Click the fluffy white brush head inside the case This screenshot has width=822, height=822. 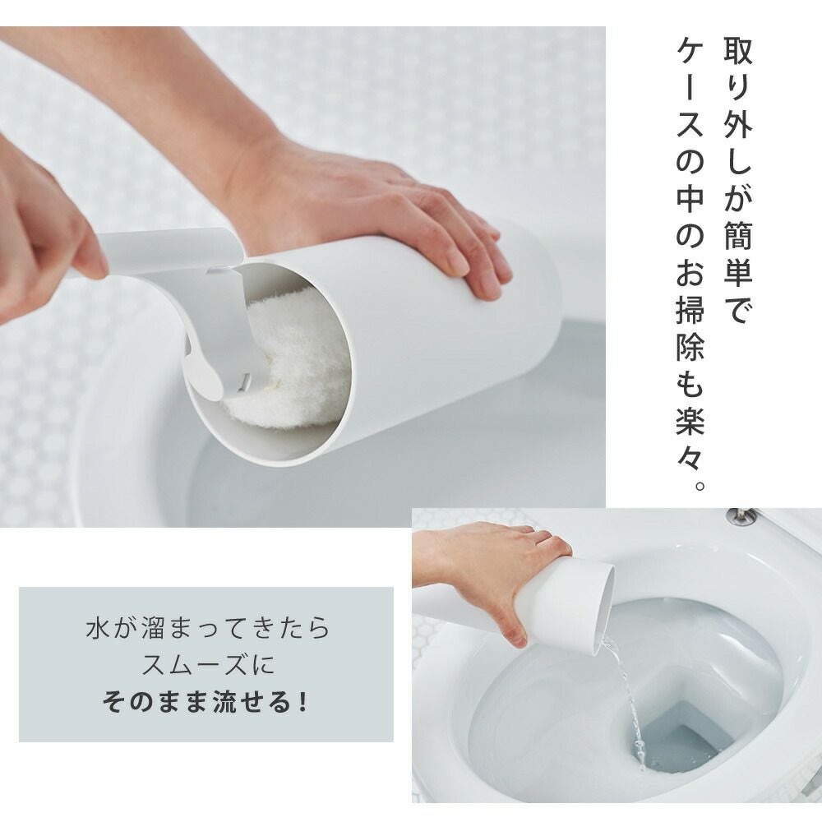pyautogui.click(x=293, y=362)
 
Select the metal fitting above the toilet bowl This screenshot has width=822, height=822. pyautogui.click(x=742, y=516)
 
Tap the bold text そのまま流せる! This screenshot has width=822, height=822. pyautogui.click(x=205, y=702)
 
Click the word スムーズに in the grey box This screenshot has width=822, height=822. pyautogui.click(x=208, y=665)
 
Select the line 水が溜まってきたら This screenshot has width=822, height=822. pyautogui.click(x=208, y=628)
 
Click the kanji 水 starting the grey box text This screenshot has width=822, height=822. pyautogui.click(x=98, y=628)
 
